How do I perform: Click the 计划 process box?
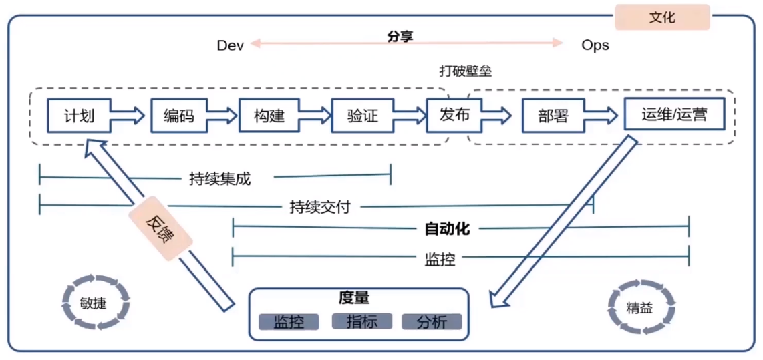coord(79,116)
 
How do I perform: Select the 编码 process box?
coord(179,116)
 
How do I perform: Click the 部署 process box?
coord(553,116)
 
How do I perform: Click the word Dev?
coord(231,45)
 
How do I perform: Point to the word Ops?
coord(595,45)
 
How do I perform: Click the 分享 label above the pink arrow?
coord(400,36)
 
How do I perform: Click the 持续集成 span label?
coord(220,178)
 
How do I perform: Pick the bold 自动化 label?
coord(447,230)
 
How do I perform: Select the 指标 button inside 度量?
coord(362,321)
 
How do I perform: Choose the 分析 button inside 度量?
coord(432,322)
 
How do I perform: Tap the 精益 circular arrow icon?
coord(639,308)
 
